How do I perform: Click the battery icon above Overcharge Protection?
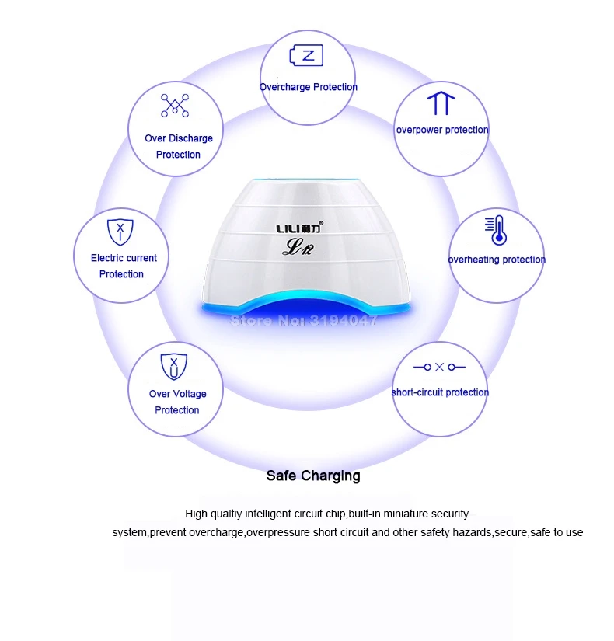tap(306, 55)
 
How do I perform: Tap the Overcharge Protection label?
tap(309, 87)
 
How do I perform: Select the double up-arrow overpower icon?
tap(441, 103)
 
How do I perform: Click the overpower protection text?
tap(442, 130)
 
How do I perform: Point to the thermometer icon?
tap(496, 230)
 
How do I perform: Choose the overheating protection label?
tap(497, 260)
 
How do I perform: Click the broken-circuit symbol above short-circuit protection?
tap(439, 367)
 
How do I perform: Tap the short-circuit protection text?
tap(440, 392)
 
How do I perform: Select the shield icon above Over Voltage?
tap(174, 367)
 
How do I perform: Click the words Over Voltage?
tap(177, 394)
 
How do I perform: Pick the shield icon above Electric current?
tap(120, 232)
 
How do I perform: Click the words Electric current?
tap(124, 258)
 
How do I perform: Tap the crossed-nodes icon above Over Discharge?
tap(175, 106)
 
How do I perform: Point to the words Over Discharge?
tap(179, 138)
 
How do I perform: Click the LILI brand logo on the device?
tap(300, 228)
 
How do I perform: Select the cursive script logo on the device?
tap(298, 247)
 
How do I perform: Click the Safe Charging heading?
tap(313, 476)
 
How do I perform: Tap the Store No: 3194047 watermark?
tap(303, 320)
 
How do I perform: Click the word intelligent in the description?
tap(268, 514)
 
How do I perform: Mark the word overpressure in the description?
tap(278, 533)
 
